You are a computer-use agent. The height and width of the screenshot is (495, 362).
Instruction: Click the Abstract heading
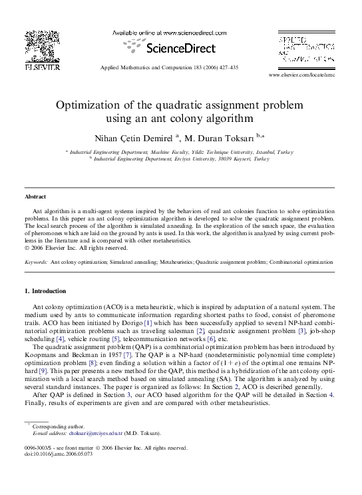(x=35, y=197)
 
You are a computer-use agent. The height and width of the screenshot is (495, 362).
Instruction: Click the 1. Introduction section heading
(x=45, y=291)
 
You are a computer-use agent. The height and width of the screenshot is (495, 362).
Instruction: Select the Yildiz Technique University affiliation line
(x=180, y=152)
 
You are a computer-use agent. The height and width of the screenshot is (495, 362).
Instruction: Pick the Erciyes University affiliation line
(x=180, y=159)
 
